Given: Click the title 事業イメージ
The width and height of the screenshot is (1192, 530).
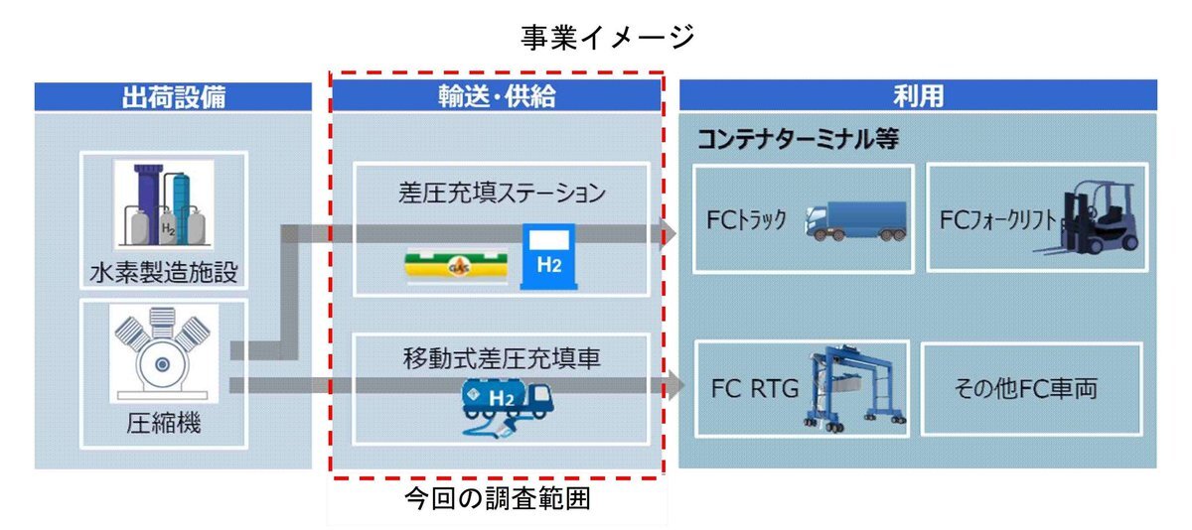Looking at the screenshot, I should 607,37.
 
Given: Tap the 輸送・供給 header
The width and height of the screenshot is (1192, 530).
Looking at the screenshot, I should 497,96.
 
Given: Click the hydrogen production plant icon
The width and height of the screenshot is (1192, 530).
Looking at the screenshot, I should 165,202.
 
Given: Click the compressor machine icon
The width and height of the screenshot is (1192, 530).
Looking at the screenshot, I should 165,352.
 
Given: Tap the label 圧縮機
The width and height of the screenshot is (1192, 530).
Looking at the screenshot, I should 164,424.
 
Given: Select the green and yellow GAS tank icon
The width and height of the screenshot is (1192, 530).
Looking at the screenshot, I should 457,265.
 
